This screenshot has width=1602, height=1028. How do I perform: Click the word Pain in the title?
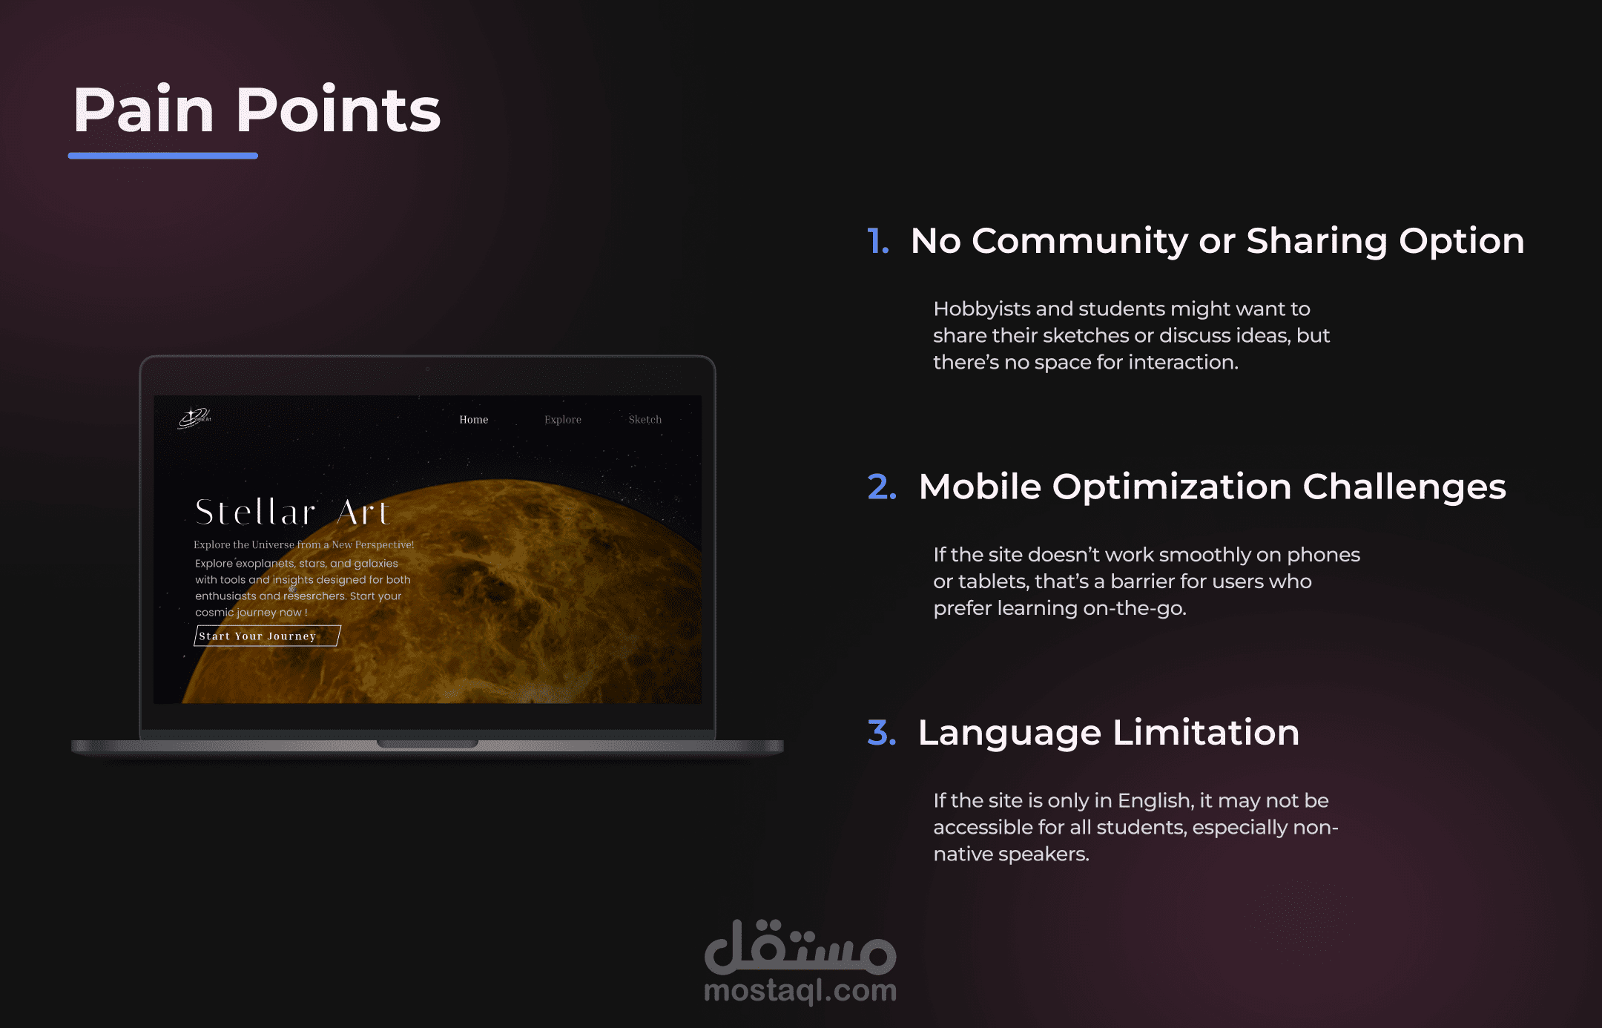coord(144,110)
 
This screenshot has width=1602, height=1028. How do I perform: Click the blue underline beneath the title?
coord(163,156)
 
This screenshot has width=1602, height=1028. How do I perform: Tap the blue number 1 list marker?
coord(878,241)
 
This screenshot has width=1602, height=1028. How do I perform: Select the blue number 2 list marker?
coord(882,487)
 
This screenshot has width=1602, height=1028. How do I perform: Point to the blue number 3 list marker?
coord(882,733)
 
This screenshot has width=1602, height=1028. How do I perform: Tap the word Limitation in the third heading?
coord(1206,733)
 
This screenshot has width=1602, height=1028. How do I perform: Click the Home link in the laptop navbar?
coord(474,420)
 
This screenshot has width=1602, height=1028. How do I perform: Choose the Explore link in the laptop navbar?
coord(563,420)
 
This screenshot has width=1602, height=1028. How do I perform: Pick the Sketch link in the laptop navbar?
coord(645,420)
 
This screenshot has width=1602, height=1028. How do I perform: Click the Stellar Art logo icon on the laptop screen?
coord(194,418)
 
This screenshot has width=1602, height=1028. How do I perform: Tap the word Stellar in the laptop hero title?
coord(256,513)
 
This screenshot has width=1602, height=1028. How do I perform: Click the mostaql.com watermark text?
coord(800,991)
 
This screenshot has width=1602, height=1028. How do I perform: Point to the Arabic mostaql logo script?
coord(800,947)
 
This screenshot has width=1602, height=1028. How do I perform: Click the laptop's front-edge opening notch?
coord(427,744)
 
